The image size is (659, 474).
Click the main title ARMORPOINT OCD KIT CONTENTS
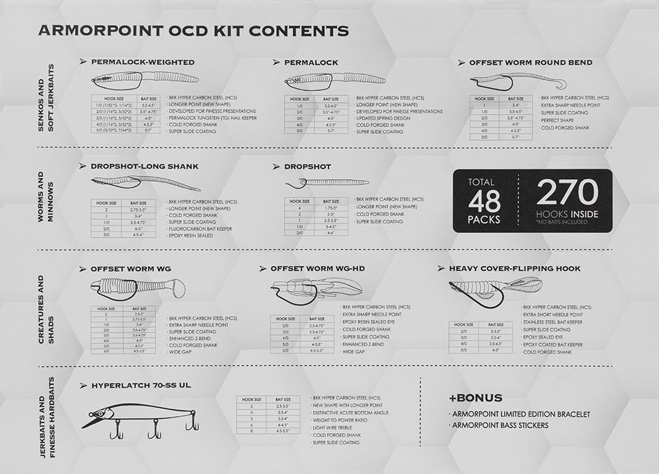click(x=193, y=30)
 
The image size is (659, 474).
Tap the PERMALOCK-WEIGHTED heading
click(x=142, y=62)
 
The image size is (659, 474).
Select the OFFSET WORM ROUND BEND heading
click(x=530, y=63)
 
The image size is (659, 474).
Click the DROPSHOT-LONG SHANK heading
click(x=144, y=167)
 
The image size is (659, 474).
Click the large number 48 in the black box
click(x=484, y=201)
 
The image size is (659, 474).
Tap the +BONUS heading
click(x=475, y=398)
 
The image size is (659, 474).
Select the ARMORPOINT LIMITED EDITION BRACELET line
click(x=521, y=414)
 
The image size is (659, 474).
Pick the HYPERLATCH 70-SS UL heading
click(x=140, y=384)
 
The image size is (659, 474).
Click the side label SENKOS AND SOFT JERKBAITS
click(x=47, y=106)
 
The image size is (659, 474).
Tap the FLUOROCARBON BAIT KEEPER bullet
click(x=201, y=228)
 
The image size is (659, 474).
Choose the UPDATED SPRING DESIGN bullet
click(x=386, y=118)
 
